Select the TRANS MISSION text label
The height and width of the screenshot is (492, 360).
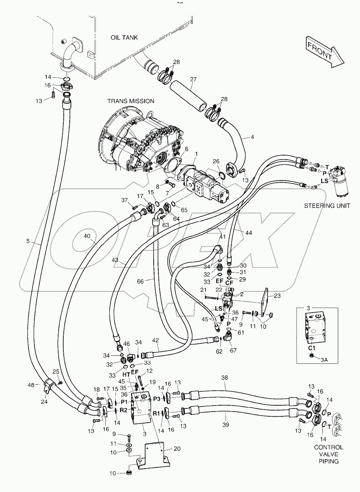[130, 101]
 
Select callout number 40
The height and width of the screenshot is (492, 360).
[87, 237]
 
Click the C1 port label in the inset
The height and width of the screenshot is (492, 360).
[312, 348]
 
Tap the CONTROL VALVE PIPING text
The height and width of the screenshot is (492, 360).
[328, 454]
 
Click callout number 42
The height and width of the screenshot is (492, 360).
[156, 340]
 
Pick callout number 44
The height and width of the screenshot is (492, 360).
[248, 233]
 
